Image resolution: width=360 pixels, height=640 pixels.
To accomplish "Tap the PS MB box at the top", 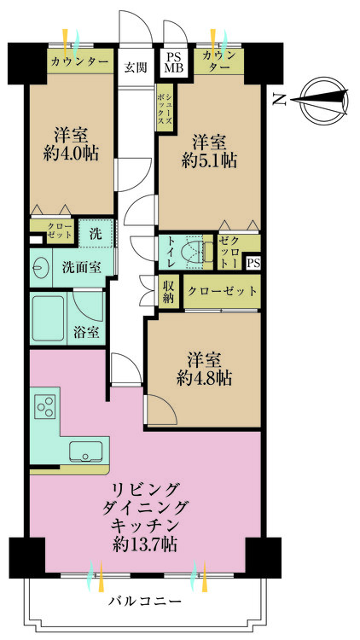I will click(174, 61).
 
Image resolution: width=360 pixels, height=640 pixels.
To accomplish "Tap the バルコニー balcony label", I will click(145, 601).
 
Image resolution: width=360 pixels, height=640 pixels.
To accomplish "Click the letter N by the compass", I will click(278, 101).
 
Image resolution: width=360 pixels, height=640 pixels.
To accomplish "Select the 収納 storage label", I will click(169, 292).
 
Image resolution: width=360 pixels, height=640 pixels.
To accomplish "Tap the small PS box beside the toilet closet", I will click(253, 264).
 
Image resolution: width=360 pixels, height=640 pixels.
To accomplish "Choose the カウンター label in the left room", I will click(79, 62).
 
